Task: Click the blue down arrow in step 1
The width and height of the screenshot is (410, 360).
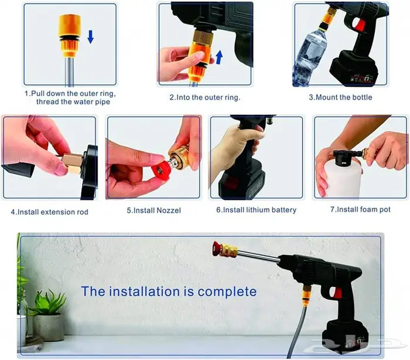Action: point(90,37)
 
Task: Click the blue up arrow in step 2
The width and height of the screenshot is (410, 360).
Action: point(219,57)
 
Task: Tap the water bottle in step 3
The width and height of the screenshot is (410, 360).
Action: point(309,57)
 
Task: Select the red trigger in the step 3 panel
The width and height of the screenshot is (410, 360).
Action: point(360,25)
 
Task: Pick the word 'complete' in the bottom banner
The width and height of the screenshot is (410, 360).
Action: point(227,291)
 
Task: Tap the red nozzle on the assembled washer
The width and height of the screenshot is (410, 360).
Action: point(217,248)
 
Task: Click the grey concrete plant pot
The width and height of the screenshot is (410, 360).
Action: point(49,328)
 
